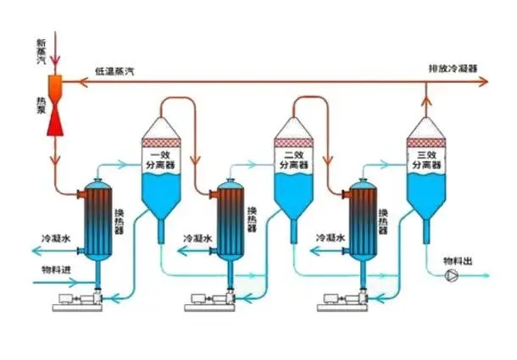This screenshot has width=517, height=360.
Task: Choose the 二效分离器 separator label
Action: (x=292, y=160)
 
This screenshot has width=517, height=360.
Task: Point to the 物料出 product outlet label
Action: (x=461, y=261)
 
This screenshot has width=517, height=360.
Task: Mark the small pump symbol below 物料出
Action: (x=452, y=276)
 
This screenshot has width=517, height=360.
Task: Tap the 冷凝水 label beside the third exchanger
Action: (x=329, y=239)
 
